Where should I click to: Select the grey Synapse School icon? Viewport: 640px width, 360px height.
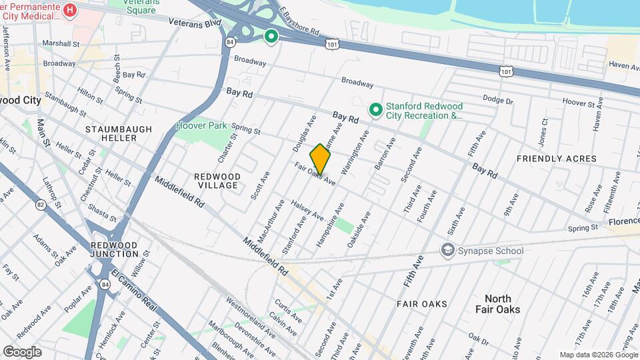coord(447,250)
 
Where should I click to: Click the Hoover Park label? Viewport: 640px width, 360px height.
coord(201,125)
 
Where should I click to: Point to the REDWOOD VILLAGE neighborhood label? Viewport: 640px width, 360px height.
coord(216,181)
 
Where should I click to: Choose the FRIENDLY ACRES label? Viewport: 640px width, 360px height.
coord(557,159)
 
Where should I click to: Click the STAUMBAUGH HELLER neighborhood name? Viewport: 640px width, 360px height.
coord(111,133)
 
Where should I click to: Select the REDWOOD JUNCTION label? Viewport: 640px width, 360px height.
coord(114,250)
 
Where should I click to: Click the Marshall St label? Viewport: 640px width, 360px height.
coord(61,43)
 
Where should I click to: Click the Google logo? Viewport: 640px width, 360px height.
coord(22,351)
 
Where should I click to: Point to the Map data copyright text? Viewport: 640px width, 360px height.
coord(597,355)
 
